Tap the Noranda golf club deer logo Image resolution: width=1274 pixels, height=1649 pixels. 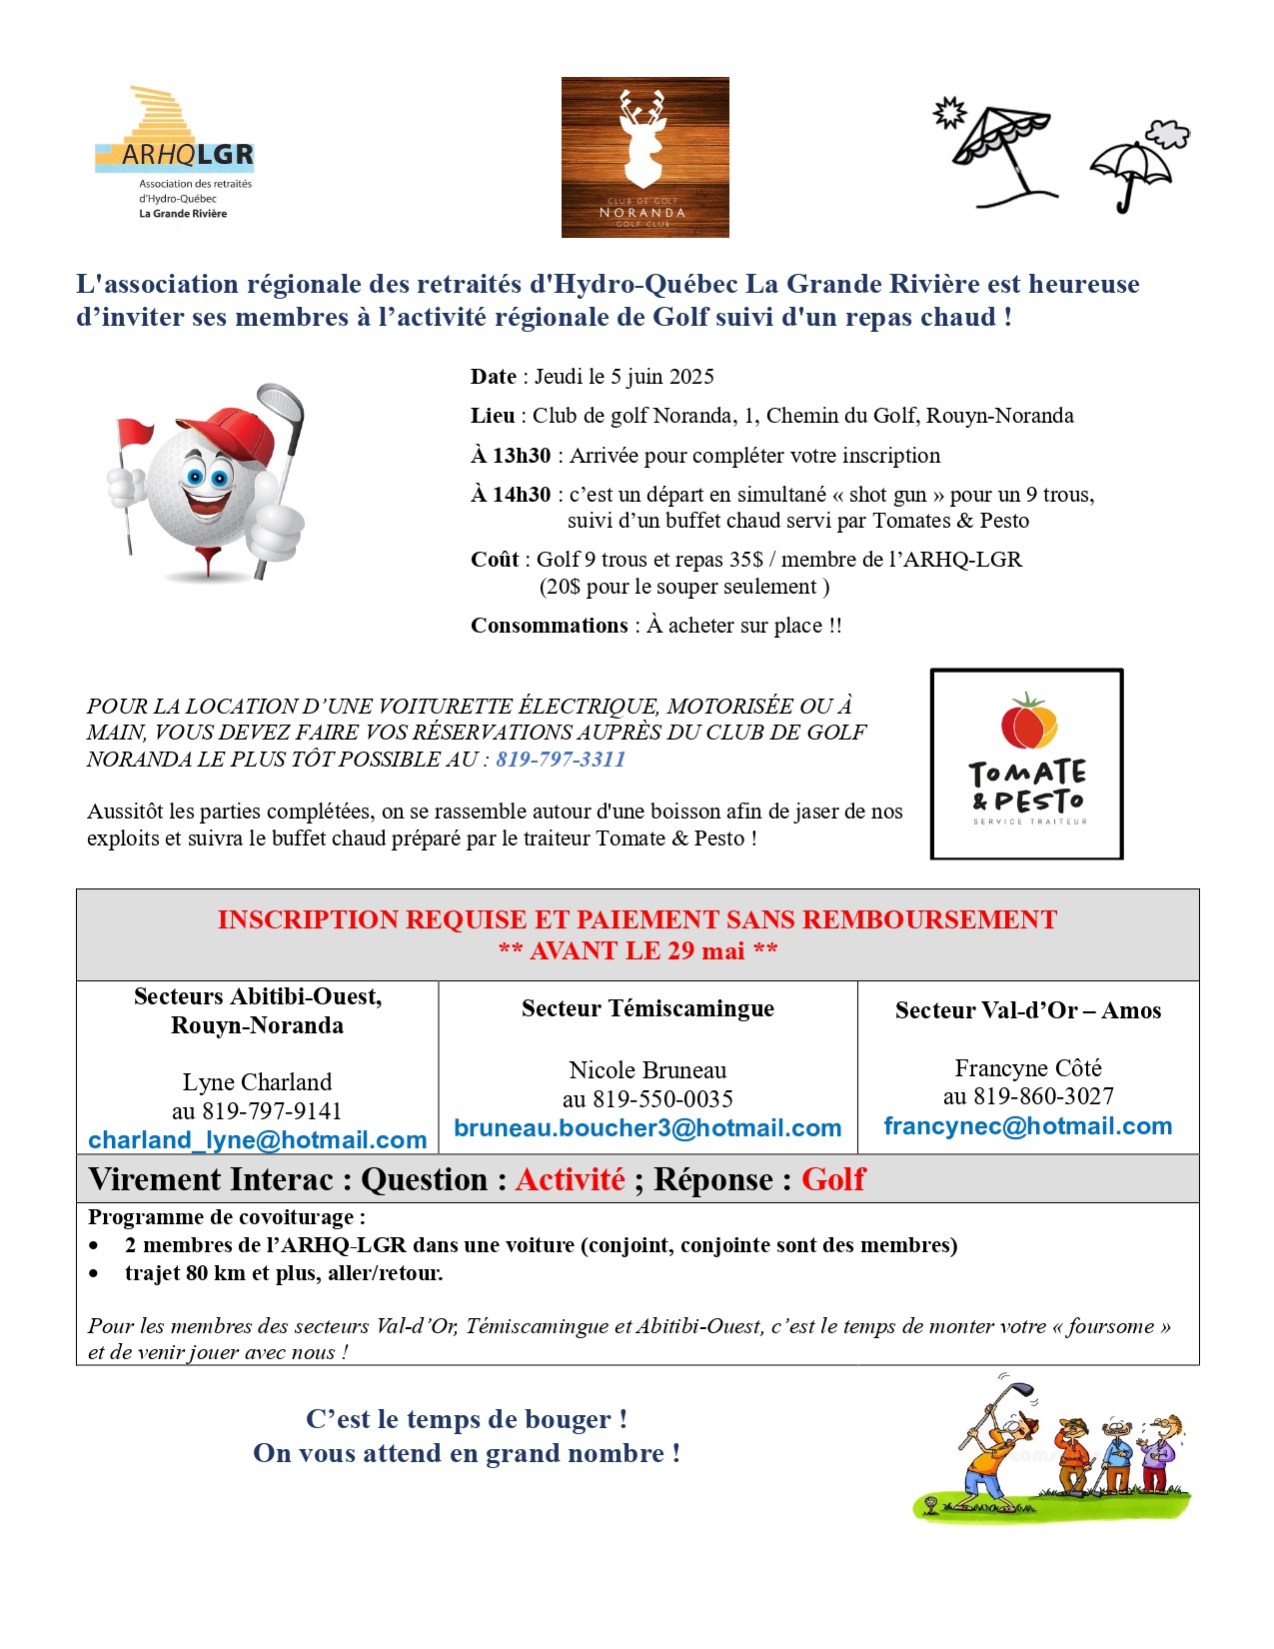[644, 157]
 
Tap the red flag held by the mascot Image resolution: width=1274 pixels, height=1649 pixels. [136, 433]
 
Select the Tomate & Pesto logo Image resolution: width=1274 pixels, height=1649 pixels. [1026, 764]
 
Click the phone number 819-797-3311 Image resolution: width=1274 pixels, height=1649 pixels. [561, 759]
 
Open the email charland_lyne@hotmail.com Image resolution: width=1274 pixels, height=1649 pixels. [257, 1140]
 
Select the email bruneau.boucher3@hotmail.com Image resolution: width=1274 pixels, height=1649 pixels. [647, 1128]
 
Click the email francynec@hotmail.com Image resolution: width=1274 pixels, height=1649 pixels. [1027, 1126]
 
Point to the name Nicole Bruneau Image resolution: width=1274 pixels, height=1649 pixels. [647, 1070]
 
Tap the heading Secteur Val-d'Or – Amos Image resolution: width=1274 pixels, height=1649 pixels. [1027, 1010]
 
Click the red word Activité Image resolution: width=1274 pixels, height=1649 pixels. [570, 1179]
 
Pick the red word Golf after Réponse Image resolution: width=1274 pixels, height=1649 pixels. [832, 1179]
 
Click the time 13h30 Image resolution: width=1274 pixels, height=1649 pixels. [521, 456]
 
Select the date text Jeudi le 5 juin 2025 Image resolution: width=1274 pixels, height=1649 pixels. [624, 377]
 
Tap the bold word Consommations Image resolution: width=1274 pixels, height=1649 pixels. [550, 626]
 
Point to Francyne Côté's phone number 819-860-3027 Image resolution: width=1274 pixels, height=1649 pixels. [1043, 1096]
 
